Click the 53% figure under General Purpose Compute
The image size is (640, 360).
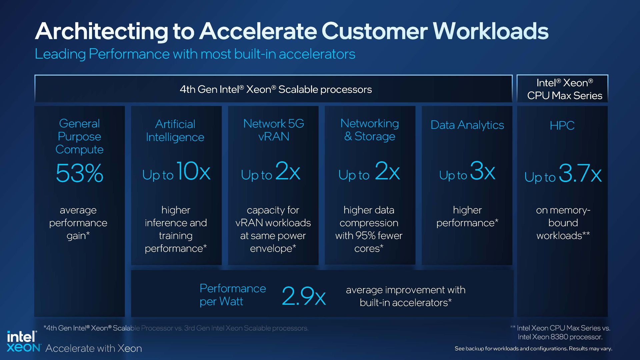(x=79, y=173)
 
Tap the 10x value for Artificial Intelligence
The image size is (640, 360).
(x=193, y=172)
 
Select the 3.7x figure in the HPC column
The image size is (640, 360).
(x=580, y=173)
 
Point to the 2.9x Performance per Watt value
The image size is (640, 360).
(x=304, y=296)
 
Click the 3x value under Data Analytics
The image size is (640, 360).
(x=482, y=171)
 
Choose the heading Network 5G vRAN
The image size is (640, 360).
(x=273, y=130)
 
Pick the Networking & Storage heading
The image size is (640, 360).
(x=369, y=130)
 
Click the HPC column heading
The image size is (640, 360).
(x=562, y=126)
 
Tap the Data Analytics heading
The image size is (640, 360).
(x=467, y=125)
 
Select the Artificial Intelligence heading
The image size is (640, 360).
(x=175, y=131)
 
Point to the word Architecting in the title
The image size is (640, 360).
(x=102, y=31)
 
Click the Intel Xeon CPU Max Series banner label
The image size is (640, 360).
(x=564, y=89)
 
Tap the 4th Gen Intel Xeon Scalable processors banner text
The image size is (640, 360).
(x=276, y=89)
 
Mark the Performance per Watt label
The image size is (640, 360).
(x=232, y=295)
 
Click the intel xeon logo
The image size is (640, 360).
(x=23, y=342)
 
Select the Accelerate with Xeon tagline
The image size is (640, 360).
(x=94, y=348)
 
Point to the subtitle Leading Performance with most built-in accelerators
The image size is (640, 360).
(x=195, y=54)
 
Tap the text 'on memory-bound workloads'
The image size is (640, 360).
(x=563, y=223)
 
